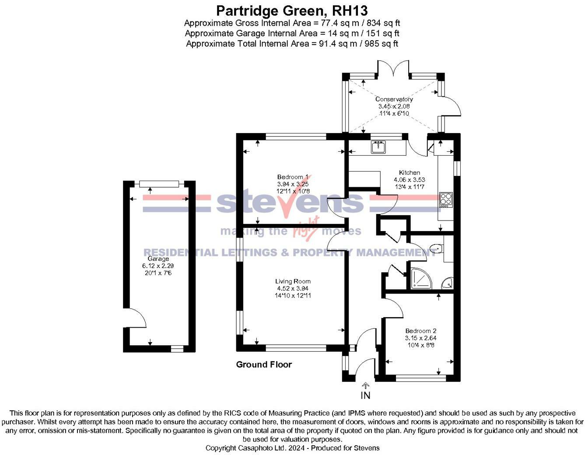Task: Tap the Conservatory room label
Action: (394, 99)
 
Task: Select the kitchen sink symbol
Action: (378, 147)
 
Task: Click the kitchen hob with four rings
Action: (445, 199)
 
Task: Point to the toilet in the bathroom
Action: (436, 249)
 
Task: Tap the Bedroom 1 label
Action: (293, 177)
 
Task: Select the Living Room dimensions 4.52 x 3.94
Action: (293, 288)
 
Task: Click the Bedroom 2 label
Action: (420, 331)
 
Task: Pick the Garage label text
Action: (158, 259)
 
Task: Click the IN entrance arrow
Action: (365, 392)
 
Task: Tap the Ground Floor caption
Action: (264, 364)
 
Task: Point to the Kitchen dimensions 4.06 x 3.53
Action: (409, 180)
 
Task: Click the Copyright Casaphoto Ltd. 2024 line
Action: (292, 448)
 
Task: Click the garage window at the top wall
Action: (159, 184)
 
